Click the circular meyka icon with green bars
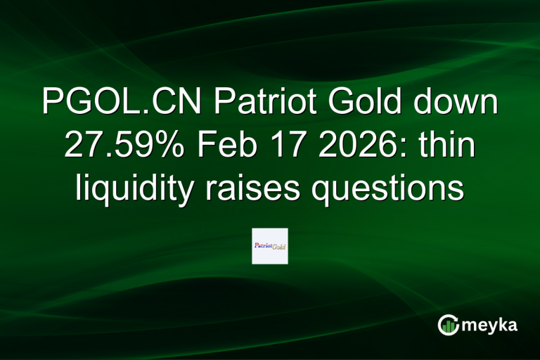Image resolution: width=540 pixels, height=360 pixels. point(449,324)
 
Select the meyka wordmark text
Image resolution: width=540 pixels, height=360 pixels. point(490,325)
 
